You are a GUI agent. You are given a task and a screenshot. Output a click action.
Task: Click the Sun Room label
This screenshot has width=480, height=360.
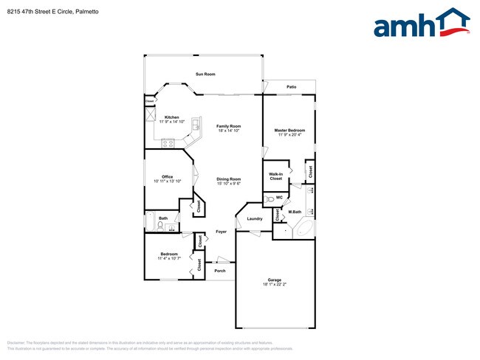pyautogui.click(x=205, y=75)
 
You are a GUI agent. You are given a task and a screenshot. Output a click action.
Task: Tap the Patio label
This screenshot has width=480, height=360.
pyautogui.click(x=292, y=87)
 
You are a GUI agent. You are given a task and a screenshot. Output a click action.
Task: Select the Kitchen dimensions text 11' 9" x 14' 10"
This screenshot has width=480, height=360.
pyautogui.click(x=172, y=122)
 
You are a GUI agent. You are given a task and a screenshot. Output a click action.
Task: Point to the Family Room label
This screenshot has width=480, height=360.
pyautogui.click(x=228, y=126)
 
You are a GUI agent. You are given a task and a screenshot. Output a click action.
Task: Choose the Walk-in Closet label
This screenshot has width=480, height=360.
pyautogui.click(x=275, y=176)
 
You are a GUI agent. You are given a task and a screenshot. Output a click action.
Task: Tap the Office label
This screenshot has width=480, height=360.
pyautogui.click(x=168, y=176)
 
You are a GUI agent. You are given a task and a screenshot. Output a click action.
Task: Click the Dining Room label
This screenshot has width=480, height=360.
pyautogui.click(x=228, y=179)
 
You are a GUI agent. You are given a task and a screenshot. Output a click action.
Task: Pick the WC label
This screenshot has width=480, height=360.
pyautogui.click(x=279, y=198)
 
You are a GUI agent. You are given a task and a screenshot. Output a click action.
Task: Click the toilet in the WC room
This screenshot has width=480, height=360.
pyautogui.click(x=268, y=198)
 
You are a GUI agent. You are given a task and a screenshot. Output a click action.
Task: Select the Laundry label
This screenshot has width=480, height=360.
pyautogui.click(x=255, y=219)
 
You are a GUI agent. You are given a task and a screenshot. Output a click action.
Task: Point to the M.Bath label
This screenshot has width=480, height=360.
pyautogui.click(x=295, y=212)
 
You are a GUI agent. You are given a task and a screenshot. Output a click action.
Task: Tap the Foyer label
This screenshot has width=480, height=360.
pyautogui.click(x=221, y=232)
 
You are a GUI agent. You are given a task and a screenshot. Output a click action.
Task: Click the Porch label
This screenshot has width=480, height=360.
pyautogui.click(x=219, y=271)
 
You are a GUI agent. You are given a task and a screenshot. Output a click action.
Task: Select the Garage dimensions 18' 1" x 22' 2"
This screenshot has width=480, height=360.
pyautogui.click(x=274, y=284)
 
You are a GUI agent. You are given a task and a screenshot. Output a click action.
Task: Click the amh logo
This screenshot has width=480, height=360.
pyautogui.click(x=418, y=24)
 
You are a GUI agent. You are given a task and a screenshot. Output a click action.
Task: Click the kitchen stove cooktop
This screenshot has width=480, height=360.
pyautogui.click(x=168, y=142)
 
